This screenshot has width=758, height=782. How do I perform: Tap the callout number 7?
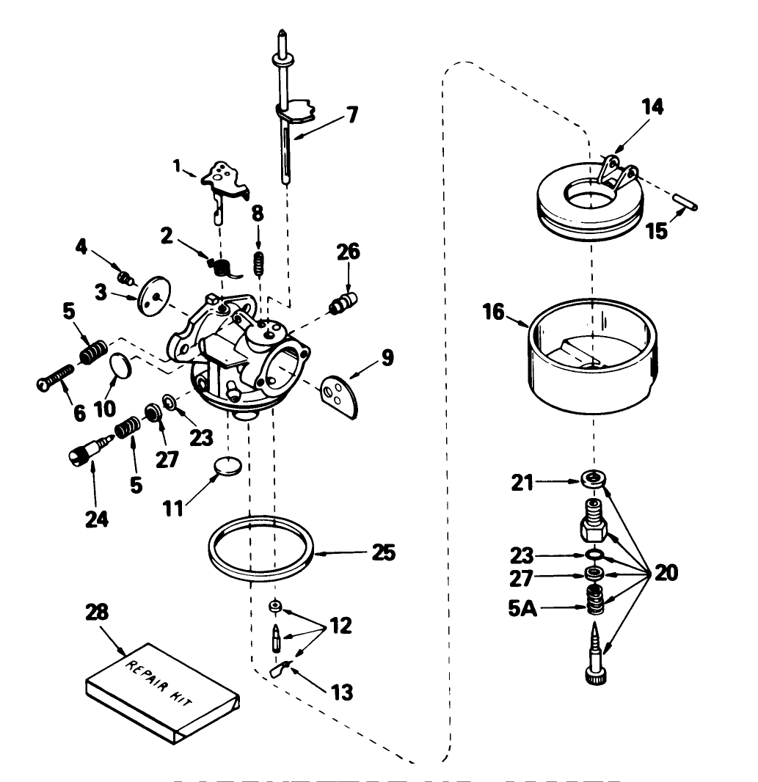(x=352, y=114)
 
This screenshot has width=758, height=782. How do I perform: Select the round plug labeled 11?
(x=227, y=466)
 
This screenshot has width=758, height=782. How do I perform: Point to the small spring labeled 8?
(x=258, y=263)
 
